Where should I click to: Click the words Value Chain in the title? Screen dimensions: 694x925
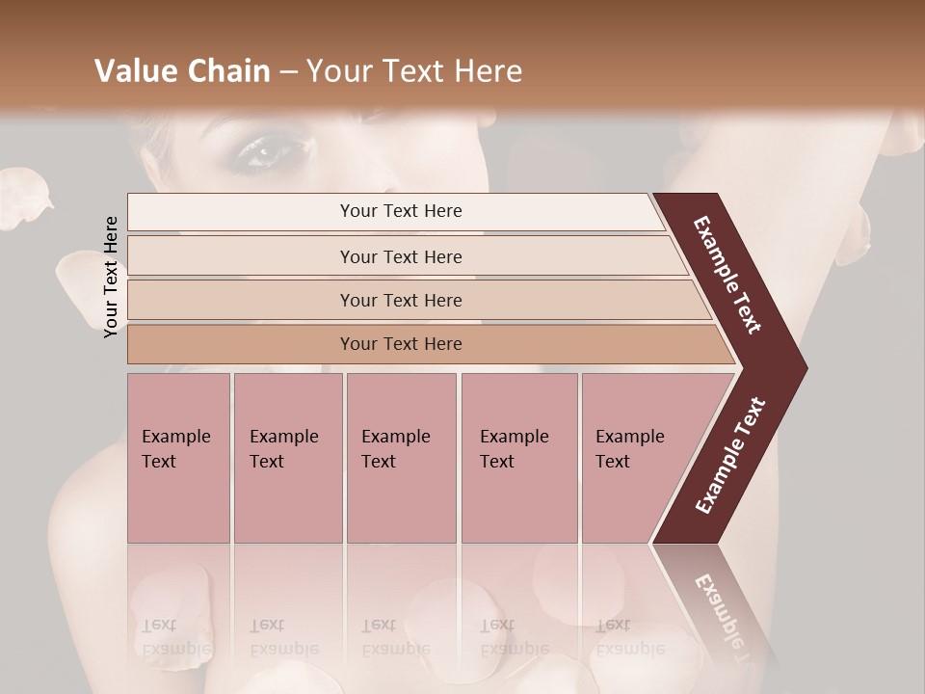[x=182, y=71]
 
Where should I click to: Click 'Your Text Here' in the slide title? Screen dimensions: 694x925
[x=414, y=71]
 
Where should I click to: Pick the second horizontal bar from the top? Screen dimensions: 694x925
[x=401, y=256]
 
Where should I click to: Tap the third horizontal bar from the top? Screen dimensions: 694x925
[x=401, y=300]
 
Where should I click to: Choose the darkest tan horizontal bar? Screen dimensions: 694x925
[x=401, y=344]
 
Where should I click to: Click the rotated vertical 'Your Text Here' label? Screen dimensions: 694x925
[x=111, y=277]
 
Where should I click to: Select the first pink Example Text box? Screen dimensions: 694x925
[x=178, y=457]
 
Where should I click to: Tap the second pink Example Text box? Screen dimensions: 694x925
[x=287, y=457]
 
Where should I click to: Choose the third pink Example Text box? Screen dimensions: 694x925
[x=401, y=457]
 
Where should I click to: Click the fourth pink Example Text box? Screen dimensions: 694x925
[x=518, y=457]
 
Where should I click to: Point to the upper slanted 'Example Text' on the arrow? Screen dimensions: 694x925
[x=727, y=274]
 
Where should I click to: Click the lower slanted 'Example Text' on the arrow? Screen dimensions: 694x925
[x=730, y=456]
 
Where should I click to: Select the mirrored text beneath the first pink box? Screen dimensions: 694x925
[x=174, y=637]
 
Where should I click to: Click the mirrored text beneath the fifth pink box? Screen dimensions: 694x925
[x=629, y=637]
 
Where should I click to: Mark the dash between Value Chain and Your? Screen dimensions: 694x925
[x=288, y=72]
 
